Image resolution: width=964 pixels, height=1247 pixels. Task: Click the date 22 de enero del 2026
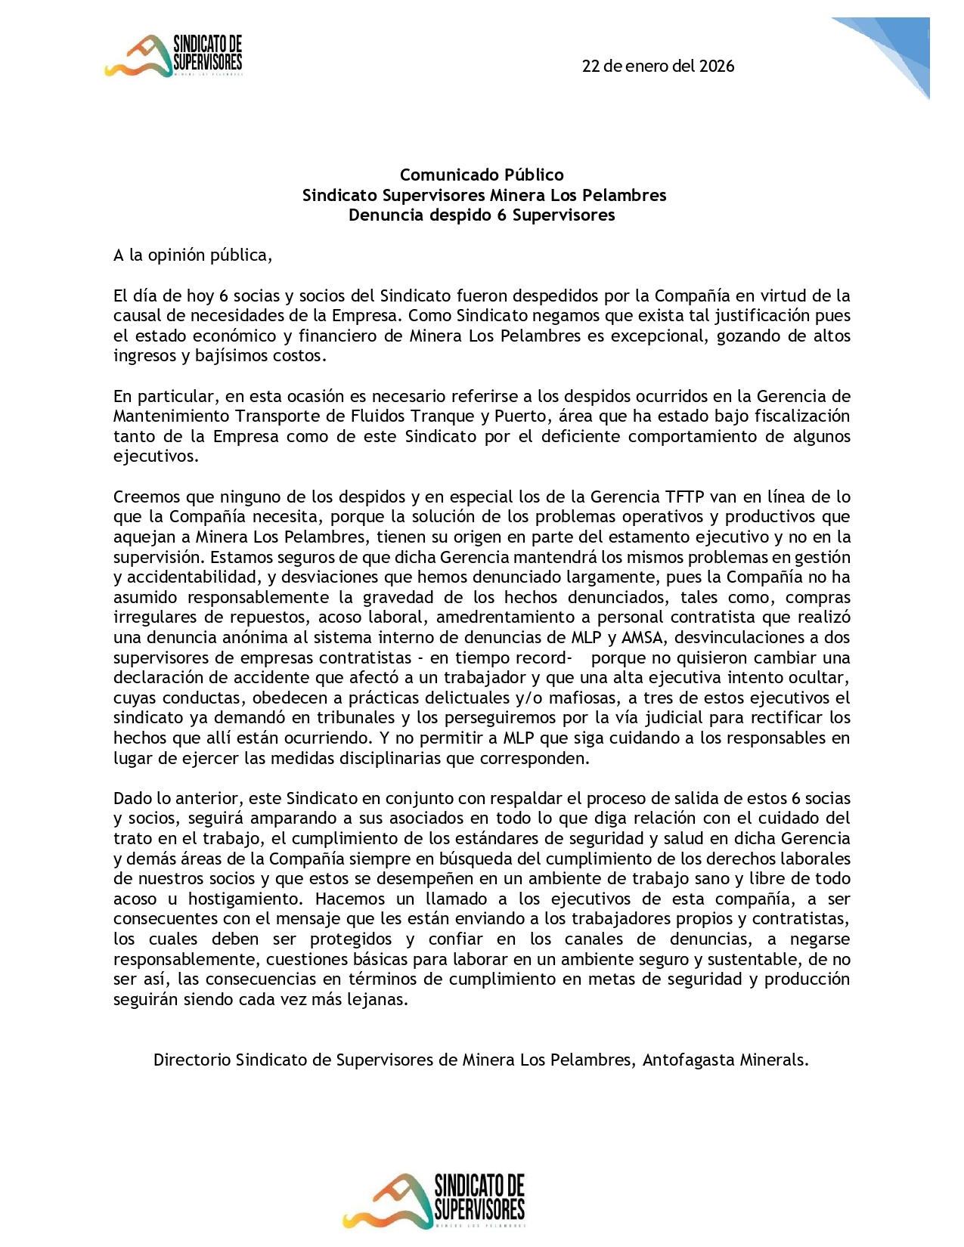(658, 66)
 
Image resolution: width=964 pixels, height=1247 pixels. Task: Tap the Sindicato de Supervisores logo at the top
(174, 56)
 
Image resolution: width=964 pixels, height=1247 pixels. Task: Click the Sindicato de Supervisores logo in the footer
(434, 1200)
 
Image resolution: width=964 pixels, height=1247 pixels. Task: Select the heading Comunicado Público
(482, 175)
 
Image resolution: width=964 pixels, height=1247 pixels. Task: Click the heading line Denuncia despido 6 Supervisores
(482, 215)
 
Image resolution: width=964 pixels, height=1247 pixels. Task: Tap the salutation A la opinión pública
(192, 255)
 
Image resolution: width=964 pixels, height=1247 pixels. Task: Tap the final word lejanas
(377, 1000)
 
